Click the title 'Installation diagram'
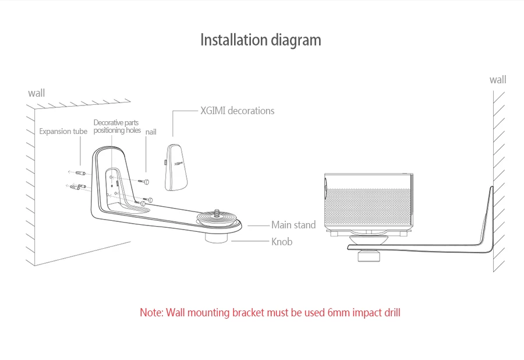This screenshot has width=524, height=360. click(261, 40)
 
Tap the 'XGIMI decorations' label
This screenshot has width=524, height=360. click(238, 111)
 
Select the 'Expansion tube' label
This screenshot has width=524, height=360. click(63, 131)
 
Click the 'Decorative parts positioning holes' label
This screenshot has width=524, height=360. click(117, 126)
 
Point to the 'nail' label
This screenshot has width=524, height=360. click(151, 132)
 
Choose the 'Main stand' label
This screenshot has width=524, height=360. click(293, 225)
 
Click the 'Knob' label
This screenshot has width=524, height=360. click(282, 241)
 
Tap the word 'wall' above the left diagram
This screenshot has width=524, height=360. click(37, 93)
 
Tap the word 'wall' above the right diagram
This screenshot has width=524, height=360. click(498, 80)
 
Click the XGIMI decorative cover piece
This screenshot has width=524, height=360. click(176, 167)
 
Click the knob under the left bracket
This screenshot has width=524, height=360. click(216, 238)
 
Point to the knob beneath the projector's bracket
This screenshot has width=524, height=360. click(369, 256)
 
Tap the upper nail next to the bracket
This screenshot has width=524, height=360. click(144, 182)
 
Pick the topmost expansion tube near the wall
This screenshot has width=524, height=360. click(80, 173)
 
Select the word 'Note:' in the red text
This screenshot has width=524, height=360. click(152, 313)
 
